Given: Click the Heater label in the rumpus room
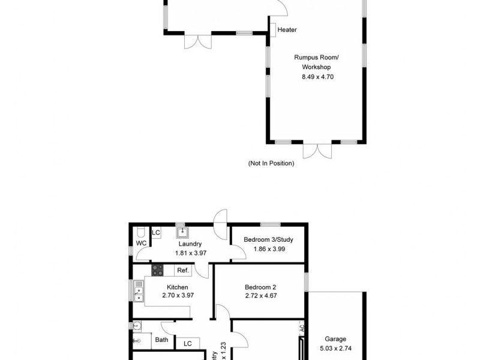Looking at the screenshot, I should pyautogui.click(x=287, y=29).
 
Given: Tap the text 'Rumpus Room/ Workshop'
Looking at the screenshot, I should pyautogui.click(x=316, y=62).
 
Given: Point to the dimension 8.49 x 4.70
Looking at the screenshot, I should pyautogui.click(x=317, y=77).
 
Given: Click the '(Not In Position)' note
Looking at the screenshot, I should pyautogui.click(x=271, y=163).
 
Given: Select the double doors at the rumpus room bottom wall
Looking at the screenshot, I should pyautogui.click(x=316, y=150).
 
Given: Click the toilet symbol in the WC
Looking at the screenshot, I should pyautogui.click(x=139, y=233).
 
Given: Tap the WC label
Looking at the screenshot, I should pyautogui.click(x=142, y=244).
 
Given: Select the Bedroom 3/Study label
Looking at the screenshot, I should pyautogui.click(x=268, y=240).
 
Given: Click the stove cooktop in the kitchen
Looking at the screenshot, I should pyautogui.click(x=157, y=270).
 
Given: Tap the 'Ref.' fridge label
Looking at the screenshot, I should pyautogui.click(x=182, y=271).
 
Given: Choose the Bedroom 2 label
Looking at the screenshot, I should pyautogui.click(x=260, y=287).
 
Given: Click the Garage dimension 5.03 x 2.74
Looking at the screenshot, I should pyautogui.click(x=335, y=347).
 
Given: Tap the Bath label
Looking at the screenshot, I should pyautogui.click(x=161, y=340).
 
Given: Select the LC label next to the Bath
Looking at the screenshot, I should pyautogui.click(x=187, y=344).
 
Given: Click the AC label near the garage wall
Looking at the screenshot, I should pyautogui.click(x=302, y=329).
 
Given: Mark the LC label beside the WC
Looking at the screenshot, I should pyautogui.click(x=156, y=233).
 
